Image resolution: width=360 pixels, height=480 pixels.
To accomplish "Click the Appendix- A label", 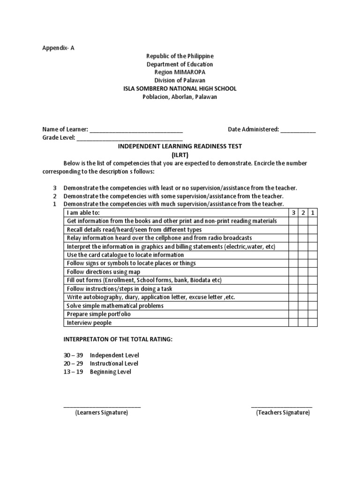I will pos(59,48).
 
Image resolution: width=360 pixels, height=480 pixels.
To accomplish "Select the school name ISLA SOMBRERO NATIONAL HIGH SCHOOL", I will pos(180,89).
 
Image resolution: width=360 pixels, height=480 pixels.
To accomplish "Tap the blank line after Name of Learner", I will pos(136,130).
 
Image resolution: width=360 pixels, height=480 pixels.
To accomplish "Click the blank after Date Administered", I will pos(298,130).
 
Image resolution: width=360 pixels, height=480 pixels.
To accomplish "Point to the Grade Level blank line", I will pos(129,138).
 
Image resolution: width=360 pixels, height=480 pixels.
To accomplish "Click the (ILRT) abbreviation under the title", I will pos(180,155).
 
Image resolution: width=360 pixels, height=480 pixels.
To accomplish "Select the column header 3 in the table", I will pos(293,213).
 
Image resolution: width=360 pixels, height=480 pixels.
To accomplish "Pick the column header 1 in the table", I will pos(313,213).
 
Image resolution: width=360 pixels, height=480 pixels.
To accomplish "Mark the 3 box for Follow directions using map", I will pos(293,272).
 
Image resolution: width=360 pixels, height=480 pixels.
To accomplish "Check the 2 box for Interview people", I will pos(303,322).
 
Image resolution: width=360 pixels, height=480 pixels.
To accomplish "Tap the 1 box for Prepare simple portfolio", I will pos(313,314).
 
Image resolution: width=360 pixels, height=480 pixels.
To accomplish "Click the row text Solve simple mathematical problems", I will pos(115,306).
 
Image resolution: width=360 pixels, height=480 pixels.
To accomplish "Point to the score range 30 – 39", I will pos(73,355).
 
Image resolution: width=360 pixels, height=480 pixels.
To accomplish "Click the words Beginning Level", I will pos(111,372).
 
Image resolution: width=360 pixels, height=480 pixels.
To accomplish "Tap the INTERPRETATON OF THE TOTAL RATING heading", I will pos(118,339).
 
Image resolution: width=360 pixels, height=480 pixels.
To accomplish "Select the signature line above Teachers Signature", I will pos(282,406).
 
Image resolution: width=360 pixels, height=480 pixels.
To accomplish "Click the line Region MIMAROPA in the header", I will pos(180,72).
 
